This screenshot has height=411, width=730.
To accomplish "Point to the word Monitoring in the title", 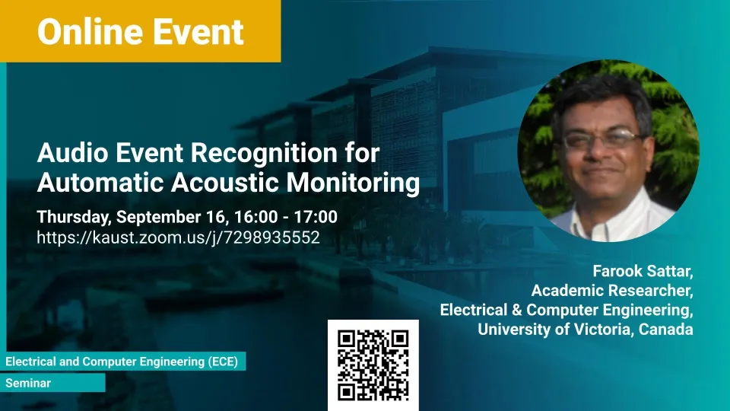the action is tap(353, 183).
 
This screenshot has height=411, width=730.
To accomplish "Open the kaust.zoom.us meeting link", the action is tap(178, 237).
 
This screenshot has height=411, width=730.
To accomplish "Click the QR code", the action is tap(373, 365).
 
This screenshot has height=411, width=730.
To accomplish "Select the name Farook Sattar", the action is tap(643, 271).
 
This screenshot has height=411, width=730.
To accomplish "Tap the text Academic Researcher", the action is tap(612, 290).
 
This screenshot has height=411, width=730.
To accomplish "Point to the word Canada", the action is tap(666, 329).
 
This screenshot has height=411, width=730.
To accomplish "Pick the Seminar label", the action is tap(28, 383).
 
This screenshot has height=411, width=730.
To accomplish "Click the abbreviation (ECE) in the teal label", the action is tap(223, 362).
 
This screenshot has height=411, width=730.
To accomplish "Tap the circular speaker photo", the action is tap(608, 151).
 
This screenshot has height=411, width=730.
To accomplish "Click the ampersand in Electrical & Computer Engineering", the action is tap(516, 310).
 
